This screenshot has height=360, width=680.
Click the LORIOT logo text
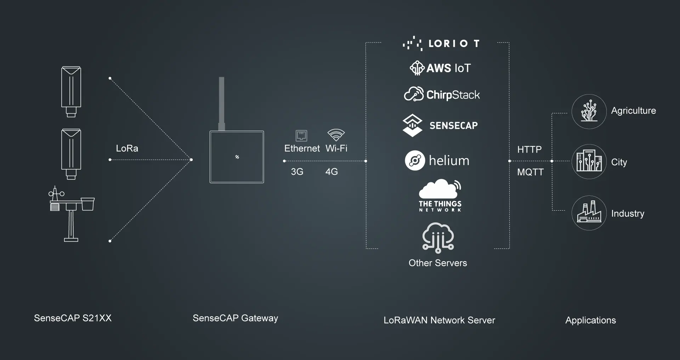pyautogui.click(x=453, y=44)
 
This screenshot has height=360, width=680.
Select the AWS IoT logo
pyautogui.click(x=441, y=68)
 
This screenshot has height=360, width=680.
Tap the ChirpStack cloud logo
pyautogui.click(x=414, y=94)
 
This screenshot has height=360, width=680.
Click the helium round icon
pyautogui.click(x=415, y=161)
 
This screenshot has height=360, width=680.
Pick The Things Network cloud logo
pyautogui.click(x=440, y=189)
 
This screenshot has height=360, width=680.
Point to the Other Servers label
pyautogui.click(x=438, y=263)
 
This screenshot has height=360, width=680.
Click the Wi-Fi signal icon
pyautogui.click(x=336, y=135)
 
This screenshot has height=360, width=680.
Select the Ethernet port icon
pyautogui.click(x=301, y=136)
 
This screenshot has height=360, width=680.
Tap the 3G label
pyautogui.click(x=297, y=172)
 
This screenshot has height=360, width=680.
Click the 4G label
pyautogui.click(x=331, y=172)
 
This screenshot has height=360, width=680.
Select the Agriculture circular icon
pyautogui.click(x=589, y=112)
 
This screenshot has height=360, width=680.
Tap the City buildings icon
pyautogui.click(x=589, y=161)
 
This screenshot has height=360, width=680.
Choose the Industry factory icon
pyautogui.click(x=589, y=213)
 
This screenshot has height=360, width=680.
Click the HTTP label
pyautogui.click(x=529, y=149)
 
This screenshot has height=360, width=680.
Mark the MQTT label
pyautogui.click(x=530, y=172)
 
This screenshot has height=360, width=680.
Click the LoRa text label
pyautogui.click(x=127, y=148)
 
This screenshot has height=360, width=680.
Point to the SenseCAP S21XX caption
pyautogui.click(x=73, y=318)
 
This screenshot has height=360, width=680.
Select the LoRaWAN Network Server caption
pyautogui.click(x=439, y=320)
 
